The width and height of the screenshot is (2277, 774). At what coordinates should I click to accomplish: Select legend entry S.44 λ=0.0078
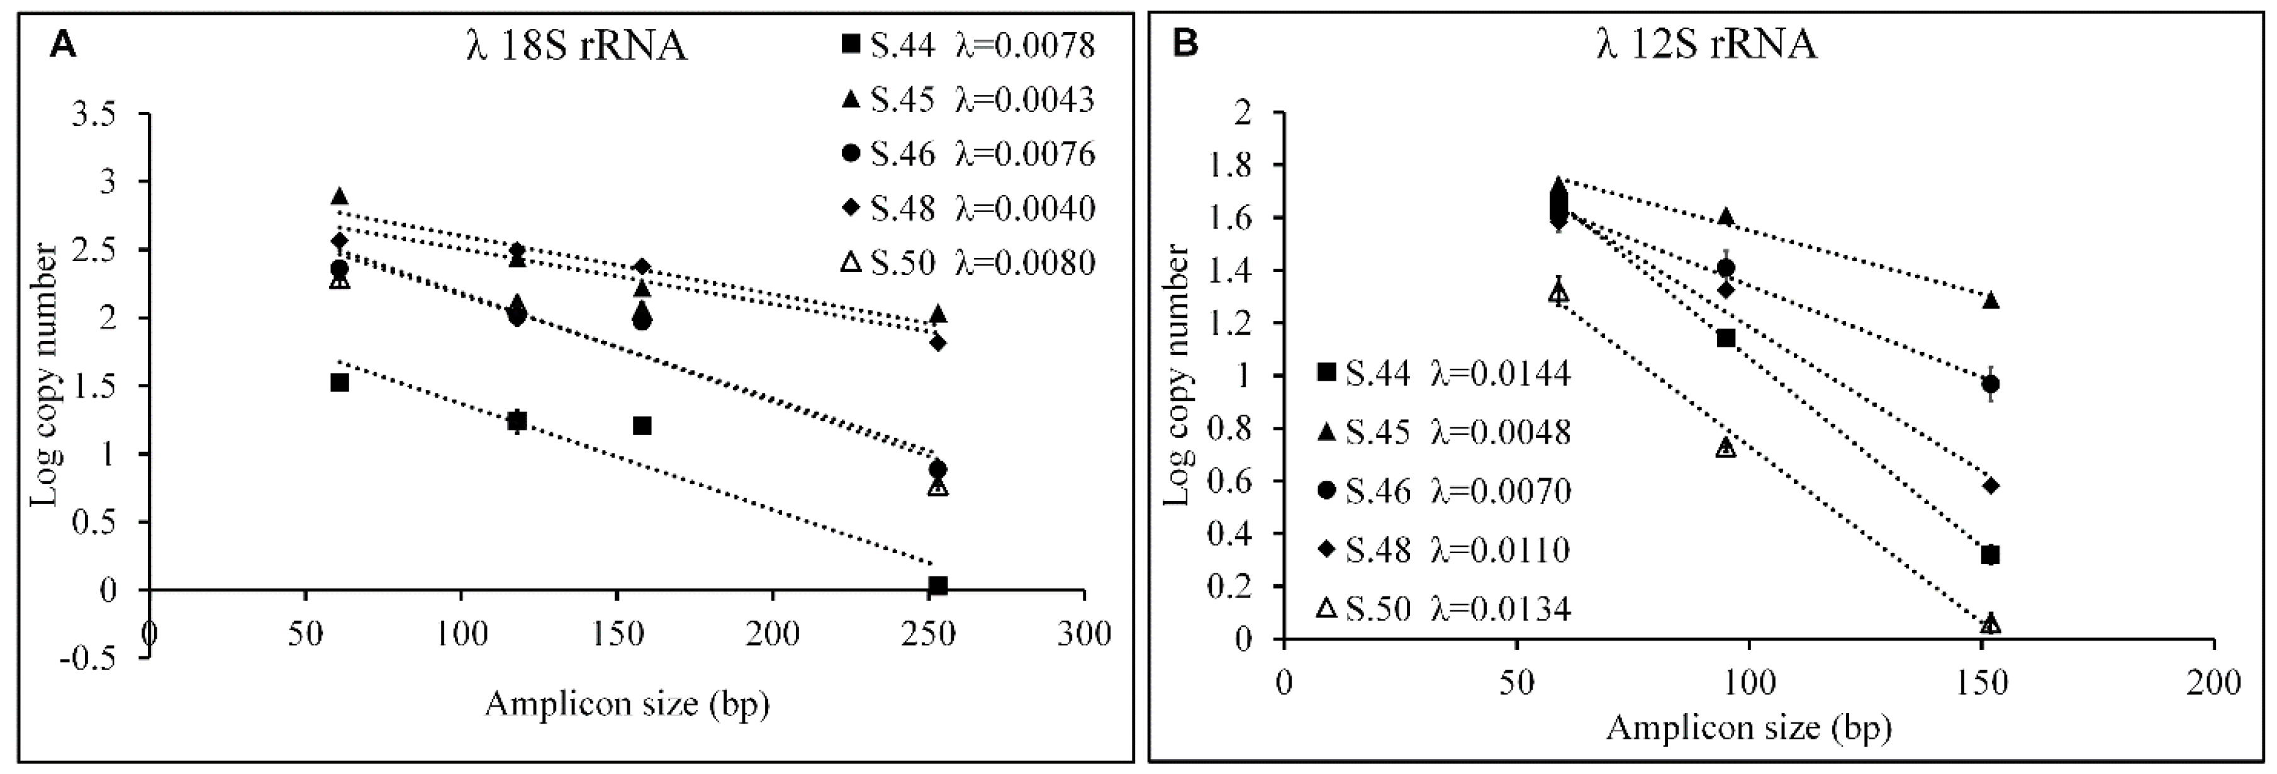[968, 44]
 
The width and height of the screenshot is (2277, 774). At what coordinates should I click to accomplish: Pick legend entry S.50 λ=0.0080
[968, 262]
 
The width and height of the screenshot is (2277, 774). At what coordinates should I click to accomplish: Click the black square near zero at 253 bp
[938, 586]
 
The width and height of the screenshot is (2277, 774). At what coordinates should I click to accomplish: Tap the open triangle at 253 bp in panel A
[938, 486]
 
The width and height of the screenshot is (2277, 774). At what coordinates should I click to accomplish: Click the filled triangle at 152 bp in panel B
[1991, 300]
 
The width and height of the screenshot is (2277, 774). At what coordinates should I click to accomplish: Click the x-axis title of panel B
[1748, 727]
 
